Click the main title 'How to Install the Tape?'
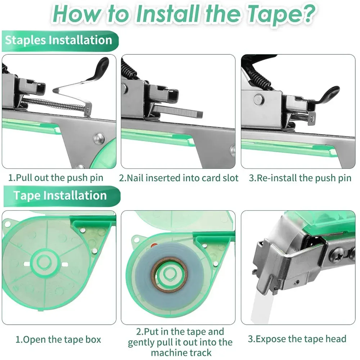coord(180,14)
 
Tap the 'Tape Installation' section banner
coord(60,195)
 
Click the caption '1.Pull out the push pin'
coord(56,178)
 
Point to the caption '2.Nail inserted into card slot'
coord(179,178)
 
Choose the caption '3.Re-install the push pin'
coord(300,178)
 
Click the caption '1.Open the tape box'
coord(58,339)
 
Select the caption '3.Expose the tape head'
coord(297,339)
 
